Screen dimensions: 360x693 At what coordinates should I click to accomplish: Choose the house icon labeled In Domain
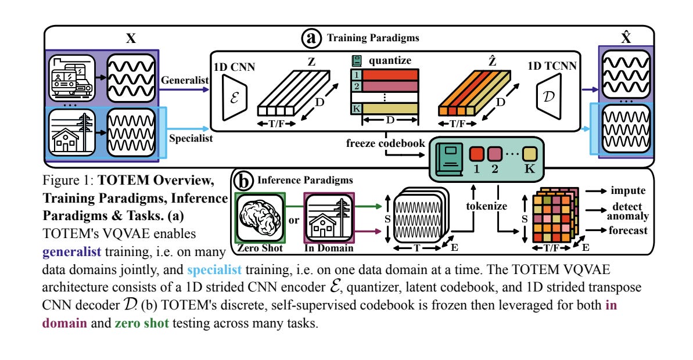coord(329,219)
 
